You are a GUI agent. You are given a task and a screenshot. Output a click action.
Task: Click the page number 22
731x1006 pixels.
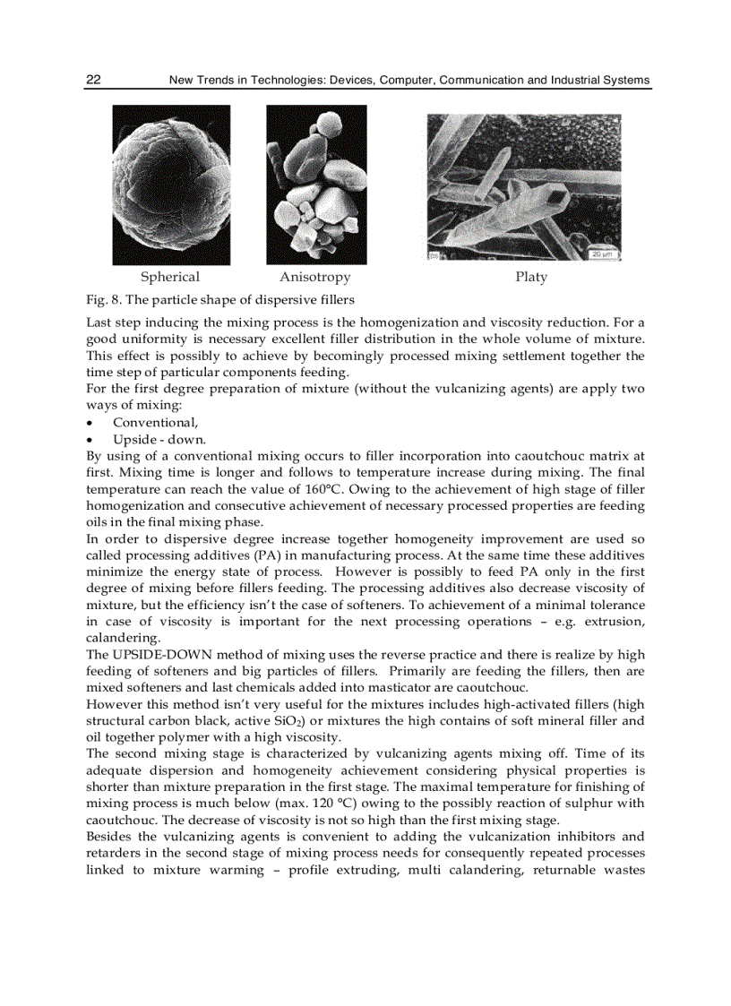pos(93,80)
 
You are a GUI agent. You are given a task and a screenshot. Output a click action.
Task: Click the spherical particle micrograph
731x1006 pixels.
pos(171,185)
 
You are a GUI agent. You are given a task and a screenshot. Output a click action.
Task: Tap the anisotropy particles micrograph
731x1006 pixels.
pos(316,185)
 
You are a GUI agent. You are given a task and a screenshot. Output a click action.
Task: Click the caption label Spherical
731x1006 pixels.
pos(170,277)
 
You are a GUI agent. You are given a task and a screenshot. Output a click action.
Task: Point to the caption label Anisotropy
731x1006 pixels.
pos(315,277)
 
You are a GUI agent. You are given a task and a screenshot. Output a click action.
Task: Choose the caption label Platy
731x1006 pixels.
pos(531,277)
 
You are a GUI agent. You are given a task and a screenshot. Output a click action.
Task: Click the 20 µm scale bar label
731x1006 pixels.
pos(600,254)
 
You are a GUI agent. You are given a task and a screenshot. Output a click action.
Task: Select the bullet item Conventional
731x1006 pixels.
pos(155,423)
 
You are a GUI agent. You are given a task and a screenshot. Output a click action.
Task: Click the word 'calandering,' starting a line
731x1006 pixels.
pos(123,638)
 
